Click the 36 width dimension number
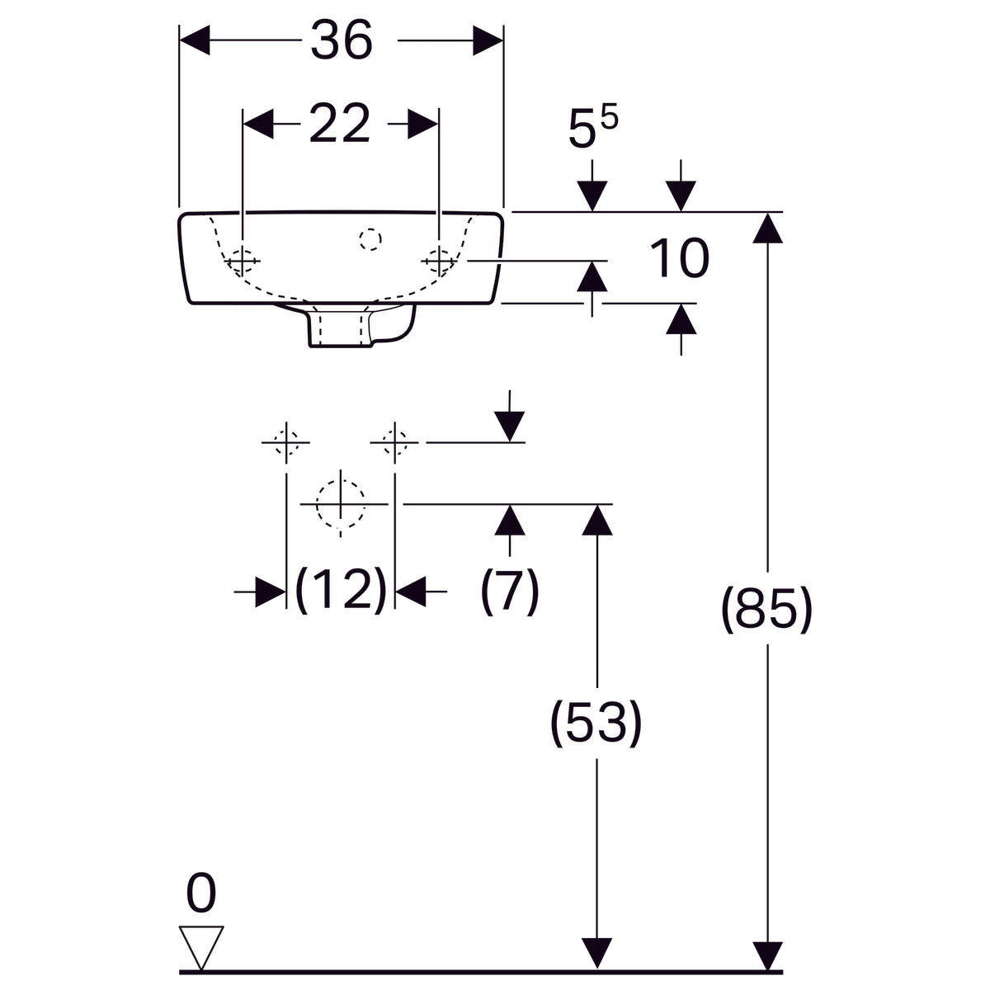pos(341,40)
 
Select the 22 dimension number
pos(340,123)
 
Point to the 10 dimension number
pos(679,258)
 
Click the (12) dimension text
pos(341,591)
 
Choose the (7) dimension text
pos(510,591)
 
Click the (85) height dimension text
pos(766,610)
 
